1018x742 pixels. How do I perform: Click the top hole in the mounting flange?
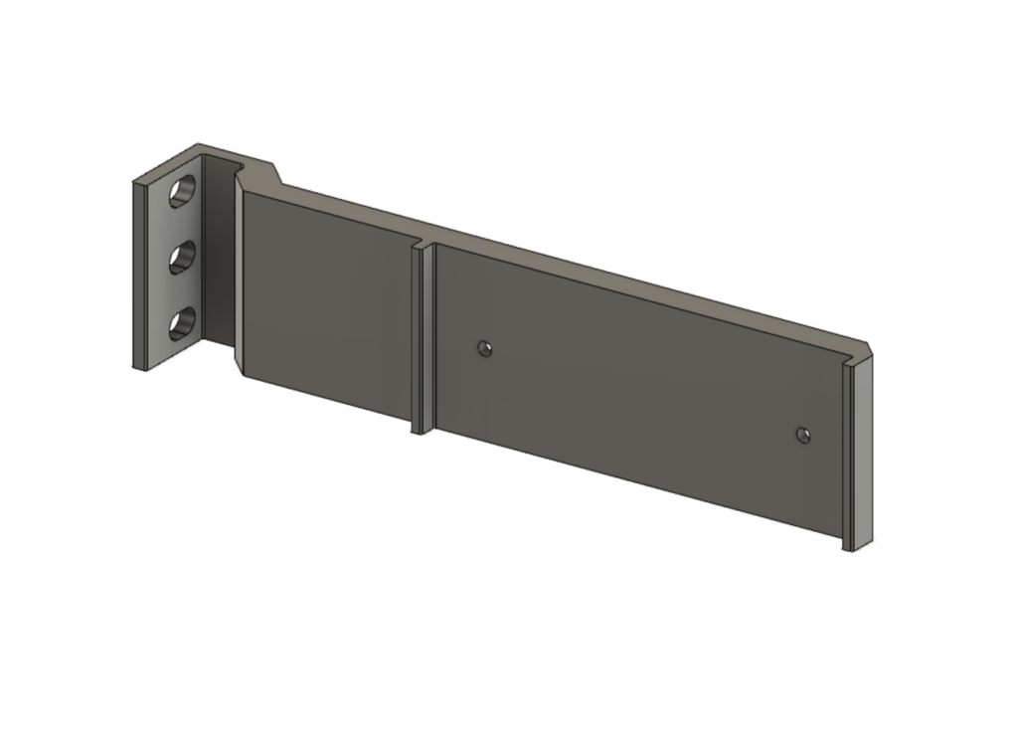[x=182, y=191]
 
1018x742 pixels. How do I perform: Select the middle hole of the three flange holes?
[x=182, y=259]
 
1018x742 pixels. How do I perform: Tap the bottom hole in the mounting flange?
[x=182, y=324]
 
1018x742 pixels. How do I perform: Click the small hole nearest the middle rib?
[x=484, y=348]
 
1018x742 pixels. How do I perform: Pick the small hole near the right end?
[x=803, y=435]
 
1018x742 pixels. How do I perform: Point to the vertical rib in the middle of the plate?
[x=423, y=338]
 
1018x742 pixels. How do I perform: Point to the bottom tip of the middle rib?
[x=420, y=432]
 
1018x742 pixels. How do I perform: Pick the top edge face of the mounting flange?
[x=169, y=164]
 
